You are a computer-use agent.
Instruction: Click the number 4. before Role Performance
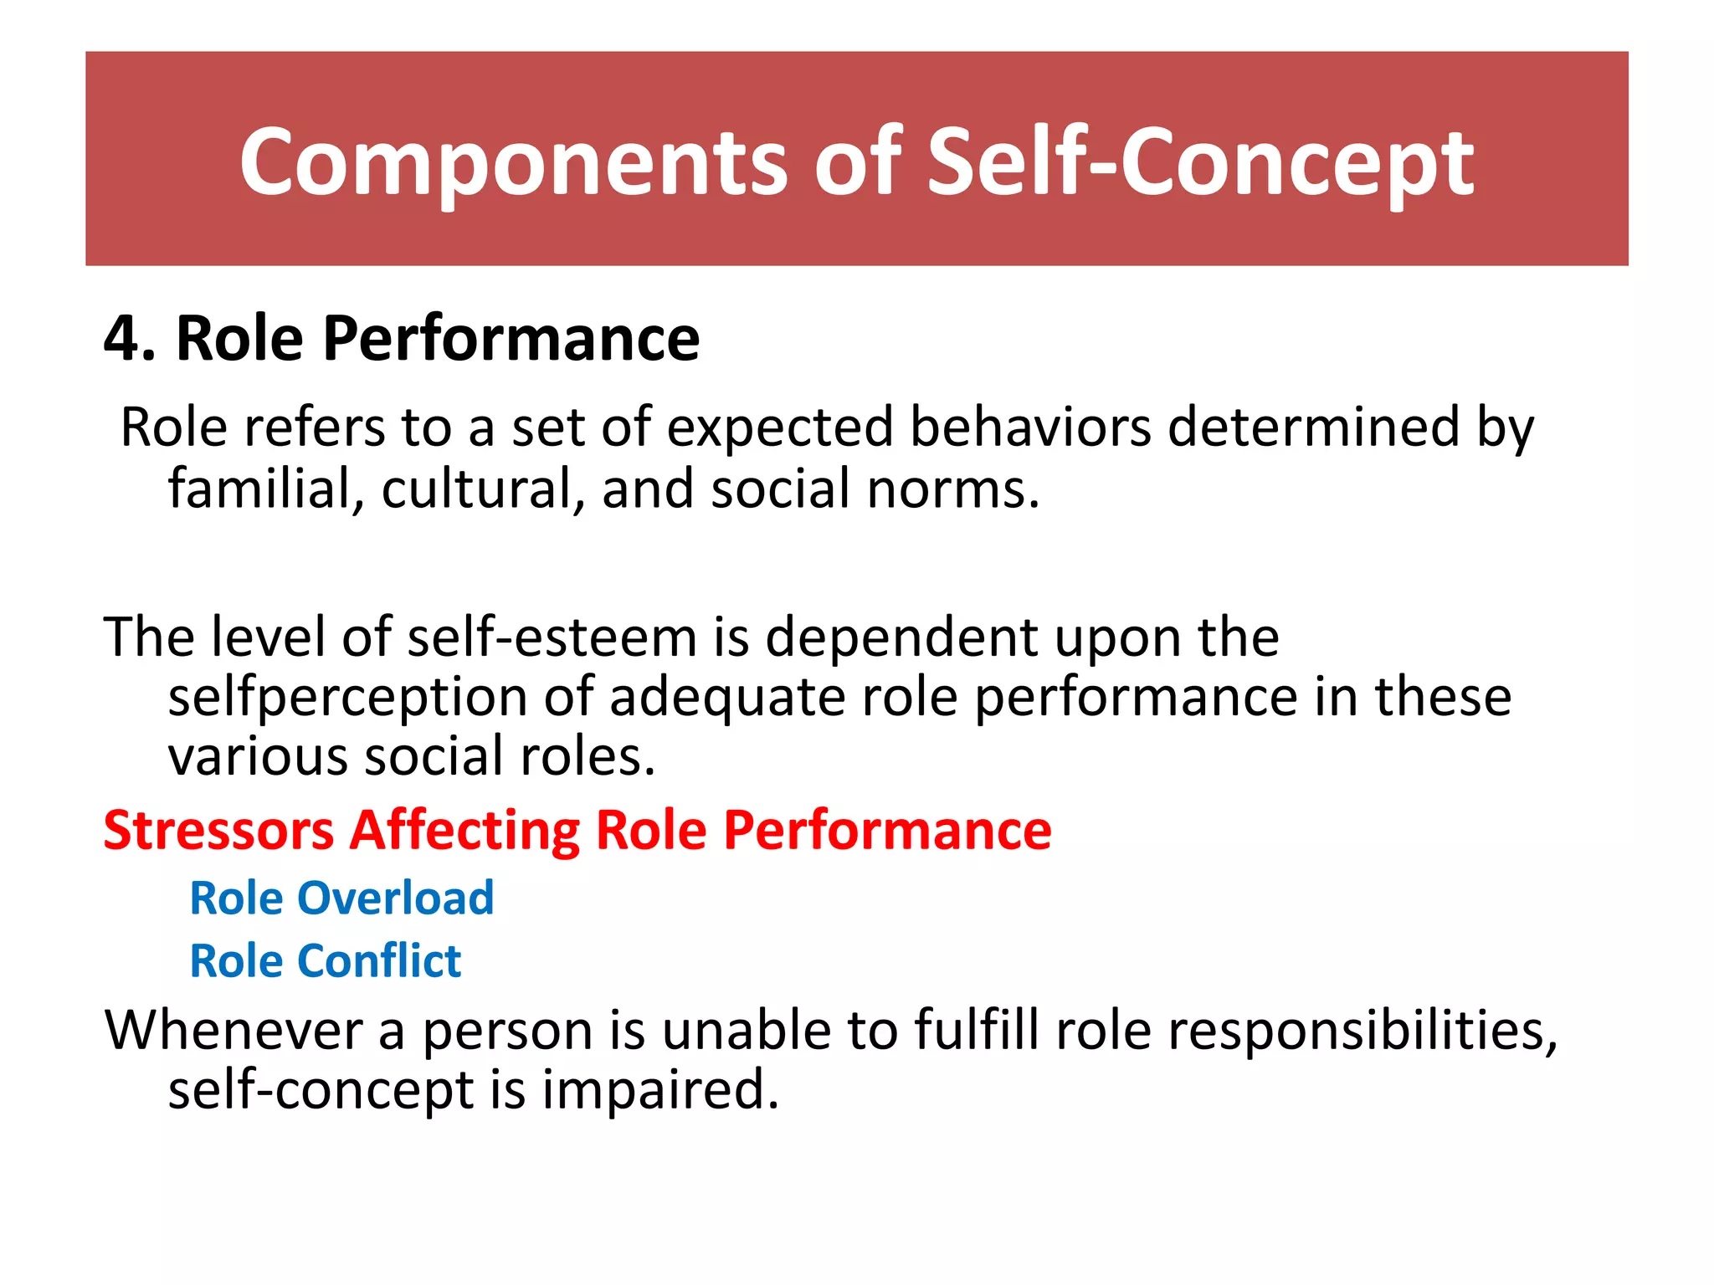[x=130, y=339]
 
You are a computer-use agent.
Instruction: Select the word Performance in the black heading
[x=511, y=339]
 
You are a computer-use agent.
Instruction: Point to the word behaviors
[x=1030, y=427]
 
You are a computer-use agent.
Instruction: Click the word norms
[x=953, y=489]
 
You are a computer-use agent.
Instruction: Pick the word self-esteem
[x=552, y=637]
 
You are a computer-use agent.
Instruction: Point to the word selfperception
[x=347, y=698]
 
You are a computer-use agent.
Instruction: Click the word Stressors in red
[x=218, y=831]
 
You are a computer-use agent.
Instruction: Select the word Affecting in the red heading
[x=464, y=831]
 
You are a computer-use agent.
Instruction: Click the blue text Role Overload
[x=341, y=898]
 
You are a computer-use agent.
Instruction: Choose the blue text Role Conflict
[x=325, y=960]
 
